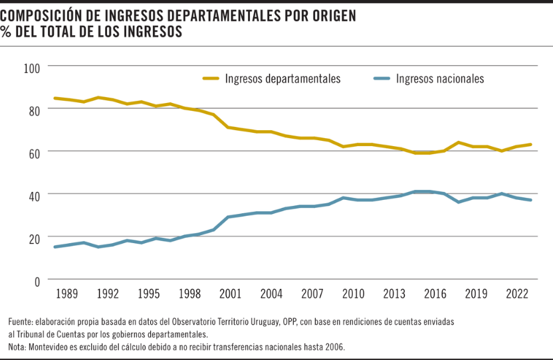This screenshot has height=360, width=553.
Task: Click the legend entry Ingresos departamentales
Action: point(282,78)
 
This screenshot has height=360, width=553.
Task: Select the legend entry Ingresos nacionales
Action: point(439,78)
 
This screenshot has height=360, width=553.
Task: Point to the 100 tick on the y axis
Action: point(32,67)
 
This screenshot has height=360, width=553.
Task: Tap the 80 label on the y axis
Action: point(34,110)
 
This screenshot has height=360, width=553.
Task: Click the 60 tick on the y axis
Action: point(34,152)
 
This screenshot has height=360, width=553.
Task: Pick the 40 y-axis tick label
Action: point(34,195)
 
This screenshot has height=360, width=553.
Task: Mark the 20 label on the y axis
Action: point(34,237)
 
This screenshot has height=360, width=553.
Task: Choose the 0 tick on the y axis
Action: point(37,280)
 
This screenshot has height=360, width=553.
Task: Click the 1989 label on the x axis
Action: point(66,294)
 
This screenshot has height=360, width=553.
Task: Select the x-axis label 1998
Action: point(189,294)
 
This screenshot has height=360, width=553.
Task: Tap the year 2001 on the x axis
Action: point(230,294)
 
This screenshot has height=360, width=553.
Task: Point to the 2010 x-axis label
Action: point(353,294)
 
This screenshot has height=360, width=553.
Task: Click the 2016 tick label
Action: point(435,294)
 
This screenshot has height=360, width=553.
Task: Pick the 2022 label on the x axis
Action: point(516,294)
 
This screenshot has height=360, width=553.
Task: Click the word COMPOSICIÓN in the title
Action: point(44,15)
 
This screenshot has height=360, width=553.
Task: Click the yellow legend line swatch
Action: point(211,78)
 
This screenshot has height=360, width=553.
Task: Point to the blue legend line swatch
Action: point(382,78)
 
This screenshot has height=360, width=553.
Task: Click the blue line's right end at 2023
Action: point(530,200)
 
